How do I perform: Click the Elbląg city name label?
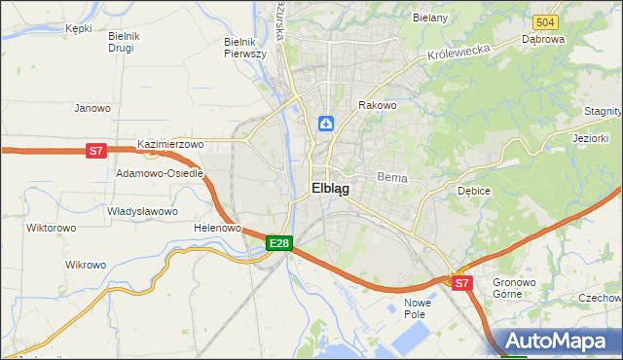tap(330, 190)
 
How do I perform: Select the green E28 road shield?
tap(278, 242)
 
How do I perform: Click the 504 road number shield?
tap(546, 21)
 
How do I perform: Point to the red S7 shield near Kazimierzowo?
tap(94, 150)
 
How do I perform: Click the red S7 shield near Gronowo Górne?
tap(461, 283)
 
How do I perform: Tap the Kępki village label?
tap(78, 28)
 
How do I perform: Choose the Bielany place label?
tap(429, 18)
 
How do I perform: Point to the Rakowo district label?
tap(378, 105)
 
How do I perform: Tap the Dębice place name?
tap(474, 191)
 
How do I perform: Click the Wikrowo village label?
tap(85, 265)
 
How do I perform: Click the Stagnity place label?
tap(603, 113)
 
